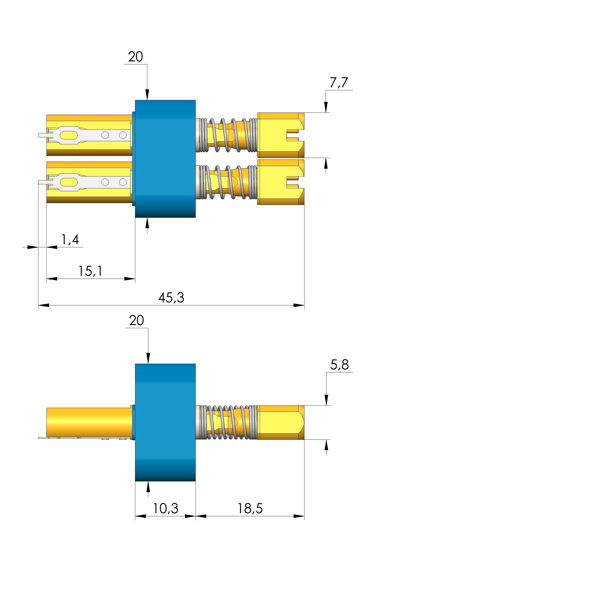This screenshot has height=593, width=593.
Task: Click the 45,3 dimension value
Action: point(171,298)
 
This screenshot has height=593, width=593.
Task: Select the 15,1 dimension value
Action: point(90,271)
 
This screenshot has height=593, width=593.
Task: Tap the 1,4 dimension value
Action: point(70,240)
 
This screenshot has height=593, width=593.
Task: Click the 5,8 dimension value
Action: point(339,365)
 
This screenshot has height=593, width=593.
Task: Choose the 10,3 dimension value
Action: point(165,509)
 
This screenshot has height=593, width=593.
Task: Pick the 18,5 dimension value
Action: point(250,509)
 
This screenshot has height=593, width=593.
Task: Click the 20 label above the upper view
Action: point(135,57)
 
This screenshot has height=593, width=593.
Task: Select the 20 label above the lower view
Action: point(136,321)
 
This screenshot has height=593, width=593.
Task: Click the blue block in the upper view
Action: point(165,159)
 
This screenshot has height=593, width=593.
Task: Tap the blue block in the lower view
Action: point(165,422)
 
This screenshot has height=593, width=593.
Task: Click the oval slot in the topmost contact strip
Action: point(69,135)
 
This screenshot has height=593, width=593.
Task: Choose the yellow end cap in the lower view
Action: point(281,422)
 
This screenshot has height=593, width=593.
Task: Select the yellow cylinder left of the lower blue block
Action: point(89,422)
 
